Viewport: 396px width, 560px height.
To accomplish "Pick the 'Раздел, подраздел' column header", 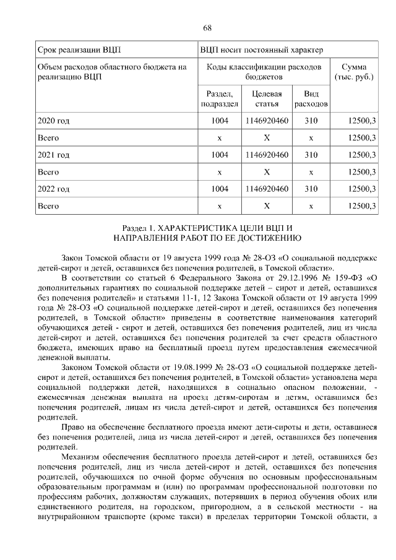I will click(x=220, y=98).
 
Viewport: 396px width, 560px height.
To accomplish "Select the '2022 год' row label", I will click(x=54, y=188).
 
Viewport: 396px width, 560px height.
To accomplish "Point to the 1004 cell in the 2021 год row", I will click(x=220, y=154).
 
